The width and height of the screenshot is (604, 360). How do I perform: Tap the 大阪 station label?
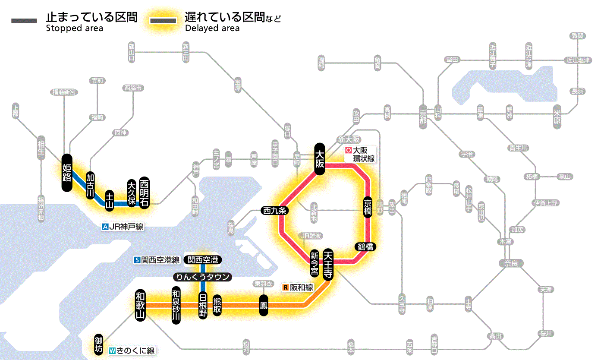pyautogui.click(x=320, y=159)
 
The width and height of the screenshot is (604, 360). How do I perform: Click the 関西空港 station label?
pyautogui.click(x=202, y=260)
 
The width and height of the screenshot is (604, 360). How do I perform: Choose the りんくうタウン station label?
pyautogui.click(x=202, y=277)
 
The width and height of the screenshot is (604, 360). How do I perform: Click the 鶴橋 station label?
pyautogui.click(x=365, y=247)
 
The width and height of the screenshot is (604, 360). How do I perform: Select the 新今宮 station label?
pyautogui.click(x=315, y=263)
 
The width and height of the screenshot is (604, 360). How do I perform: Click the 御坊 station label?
pyautogui.click(x=99, y=344)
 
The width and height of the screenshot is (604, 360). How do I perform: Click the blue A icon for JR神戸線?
pyautogui.click(x=105, y=227)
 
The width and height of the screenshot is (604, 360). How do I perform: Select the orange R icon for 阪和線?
pyautogui.click(x=285, y=287)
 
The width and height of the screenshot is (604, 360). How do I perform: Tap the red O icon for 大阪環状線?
pyautogui.click(x=348, y=151)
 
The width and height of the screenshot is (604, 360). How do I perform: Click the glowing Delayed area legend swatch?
pyautogui.click(x=163, y=21)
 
